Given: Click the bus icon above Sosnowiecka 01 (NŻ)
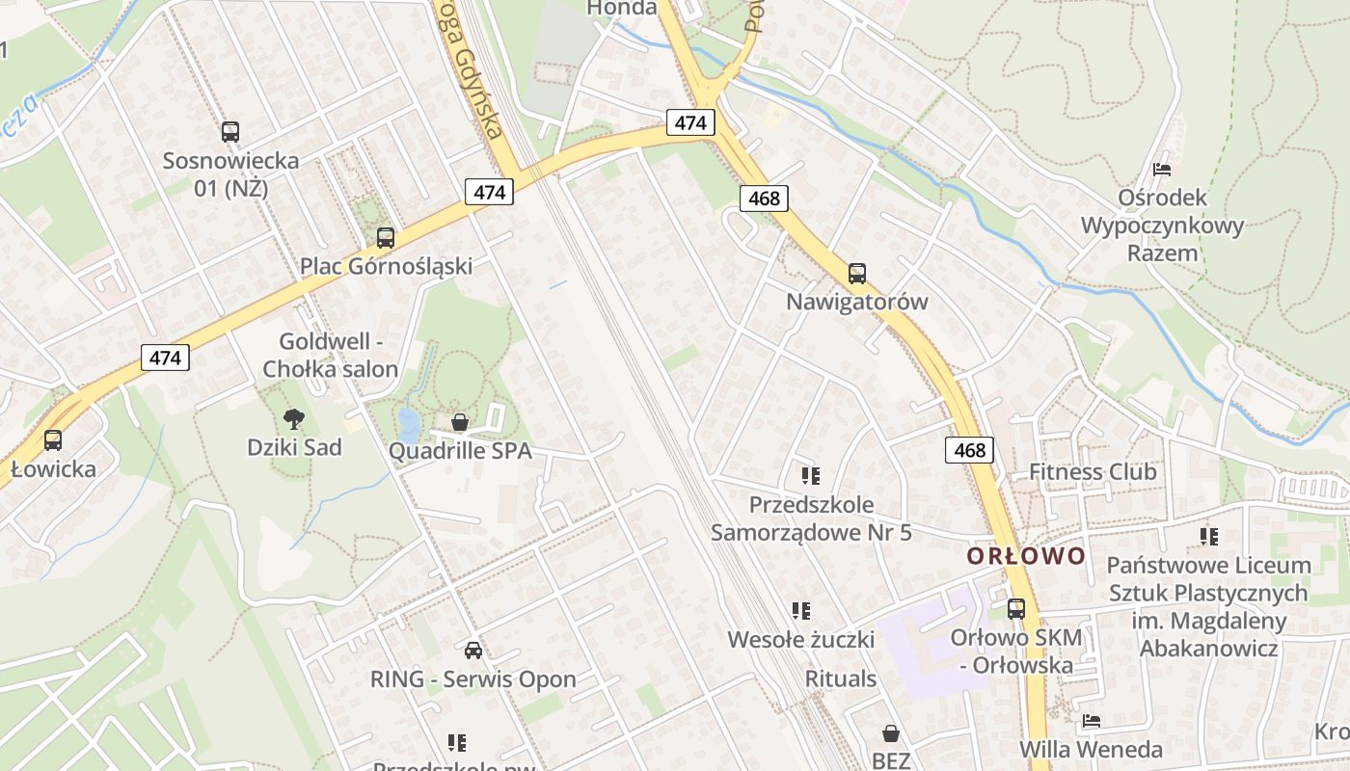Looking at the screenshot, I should (x=229, y=132).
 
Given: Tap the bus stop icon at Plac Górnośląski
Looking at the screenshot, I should (x=386, y=237).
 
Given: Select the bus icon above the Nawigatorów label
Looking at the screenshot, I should (x=857, y=274).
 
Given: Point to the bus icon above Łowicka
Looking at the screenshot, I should (x=53, y=440).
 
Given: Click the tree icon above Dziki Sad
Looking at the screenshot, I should (x=294, y=418).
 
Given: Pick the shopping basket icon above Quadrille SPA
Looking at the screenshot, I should (x=460, y=422).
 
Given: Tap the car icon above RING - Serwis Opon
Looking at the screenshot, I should (x=472, y=651).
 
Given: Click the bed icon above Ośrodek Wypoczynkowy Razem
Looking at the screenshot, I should (x=1162, y=170).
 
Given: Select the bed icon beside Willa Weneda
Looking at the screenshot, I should (x=1091, y=721).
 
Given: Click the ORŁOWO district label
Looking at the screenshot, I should (x=1026, y=556).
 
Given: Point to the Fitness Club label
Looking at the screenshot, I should (x=1093, y=472).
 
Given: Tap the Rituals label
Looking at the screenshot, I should (x=841, y=678).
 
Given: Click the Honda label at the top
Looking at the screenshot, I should (x=623, y=8).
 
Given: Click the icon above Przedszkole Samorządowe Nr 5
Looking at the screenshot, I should (x=810, y=475).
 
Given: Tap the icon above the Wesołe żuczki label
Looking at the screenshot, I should (x=800, y=610).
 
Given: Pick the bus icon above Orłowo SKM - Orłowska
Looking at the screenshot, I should (x=1016, y=609).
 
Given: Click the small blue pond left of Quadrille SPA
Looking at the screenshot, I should (x=409, y=425).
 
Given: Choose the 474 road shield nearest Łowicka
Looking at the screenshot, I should (x=165, y=359).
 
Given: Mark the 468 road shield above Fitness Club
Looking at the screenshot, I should (x=970, y=450).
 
